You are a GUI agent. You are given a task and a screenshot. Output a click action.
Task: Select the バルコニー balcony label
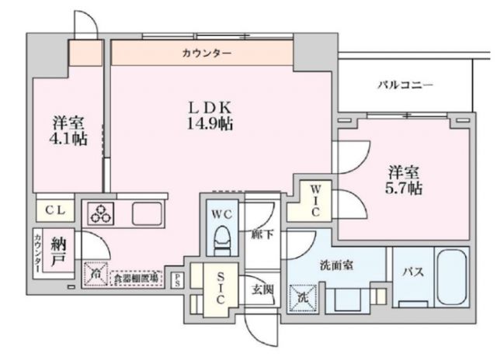tap(405, 85)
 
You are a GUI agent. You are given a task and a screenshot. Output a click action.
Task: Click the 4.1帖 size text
tap(69, 140)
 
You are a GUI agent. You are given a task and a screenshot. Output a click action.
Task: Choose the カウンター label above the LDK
tap(206, 53)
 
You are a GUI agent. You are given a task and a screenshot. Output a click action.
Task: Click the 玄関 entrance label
tap(261, 291)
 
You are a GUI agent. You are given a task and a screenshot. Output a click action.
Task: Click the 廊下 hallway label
tap(261, 234)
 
